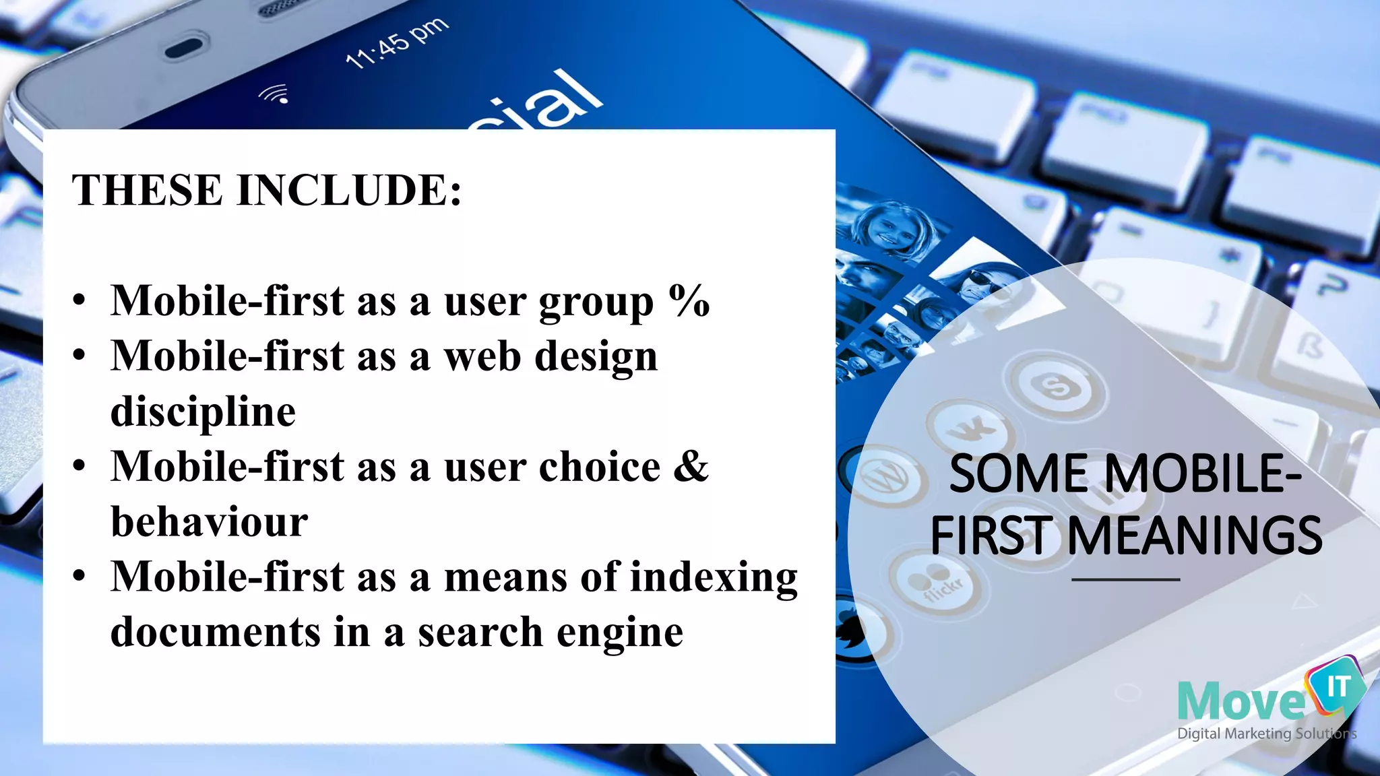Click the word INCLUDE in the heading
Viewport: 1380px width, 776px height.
click(350, 190)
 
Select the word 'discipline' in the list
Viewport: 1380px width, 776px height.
click(203, 412)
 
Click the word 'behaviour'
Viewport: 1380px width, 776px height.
click(209, 522)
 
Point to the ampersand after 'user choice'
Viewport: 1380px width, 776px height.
click(691, 466)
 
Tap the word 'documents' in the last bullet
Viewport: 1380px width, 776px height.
click(216, 633)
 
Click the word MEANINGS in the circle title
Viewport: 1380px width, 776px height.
click(1195, 536)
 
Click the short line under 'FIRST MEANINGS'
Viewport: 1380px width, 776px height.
click(1125, 579)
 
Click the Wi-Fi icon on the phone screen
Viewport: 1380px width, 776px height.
click(275, 94)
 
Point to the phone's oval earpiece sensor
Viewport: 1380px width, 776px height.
click(183, 48)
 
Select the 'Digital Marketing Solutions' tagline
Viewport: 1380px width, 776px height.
click(1266, 734)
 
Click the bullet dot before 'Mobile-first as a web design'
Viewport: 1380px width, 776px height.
click(80, 355)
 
